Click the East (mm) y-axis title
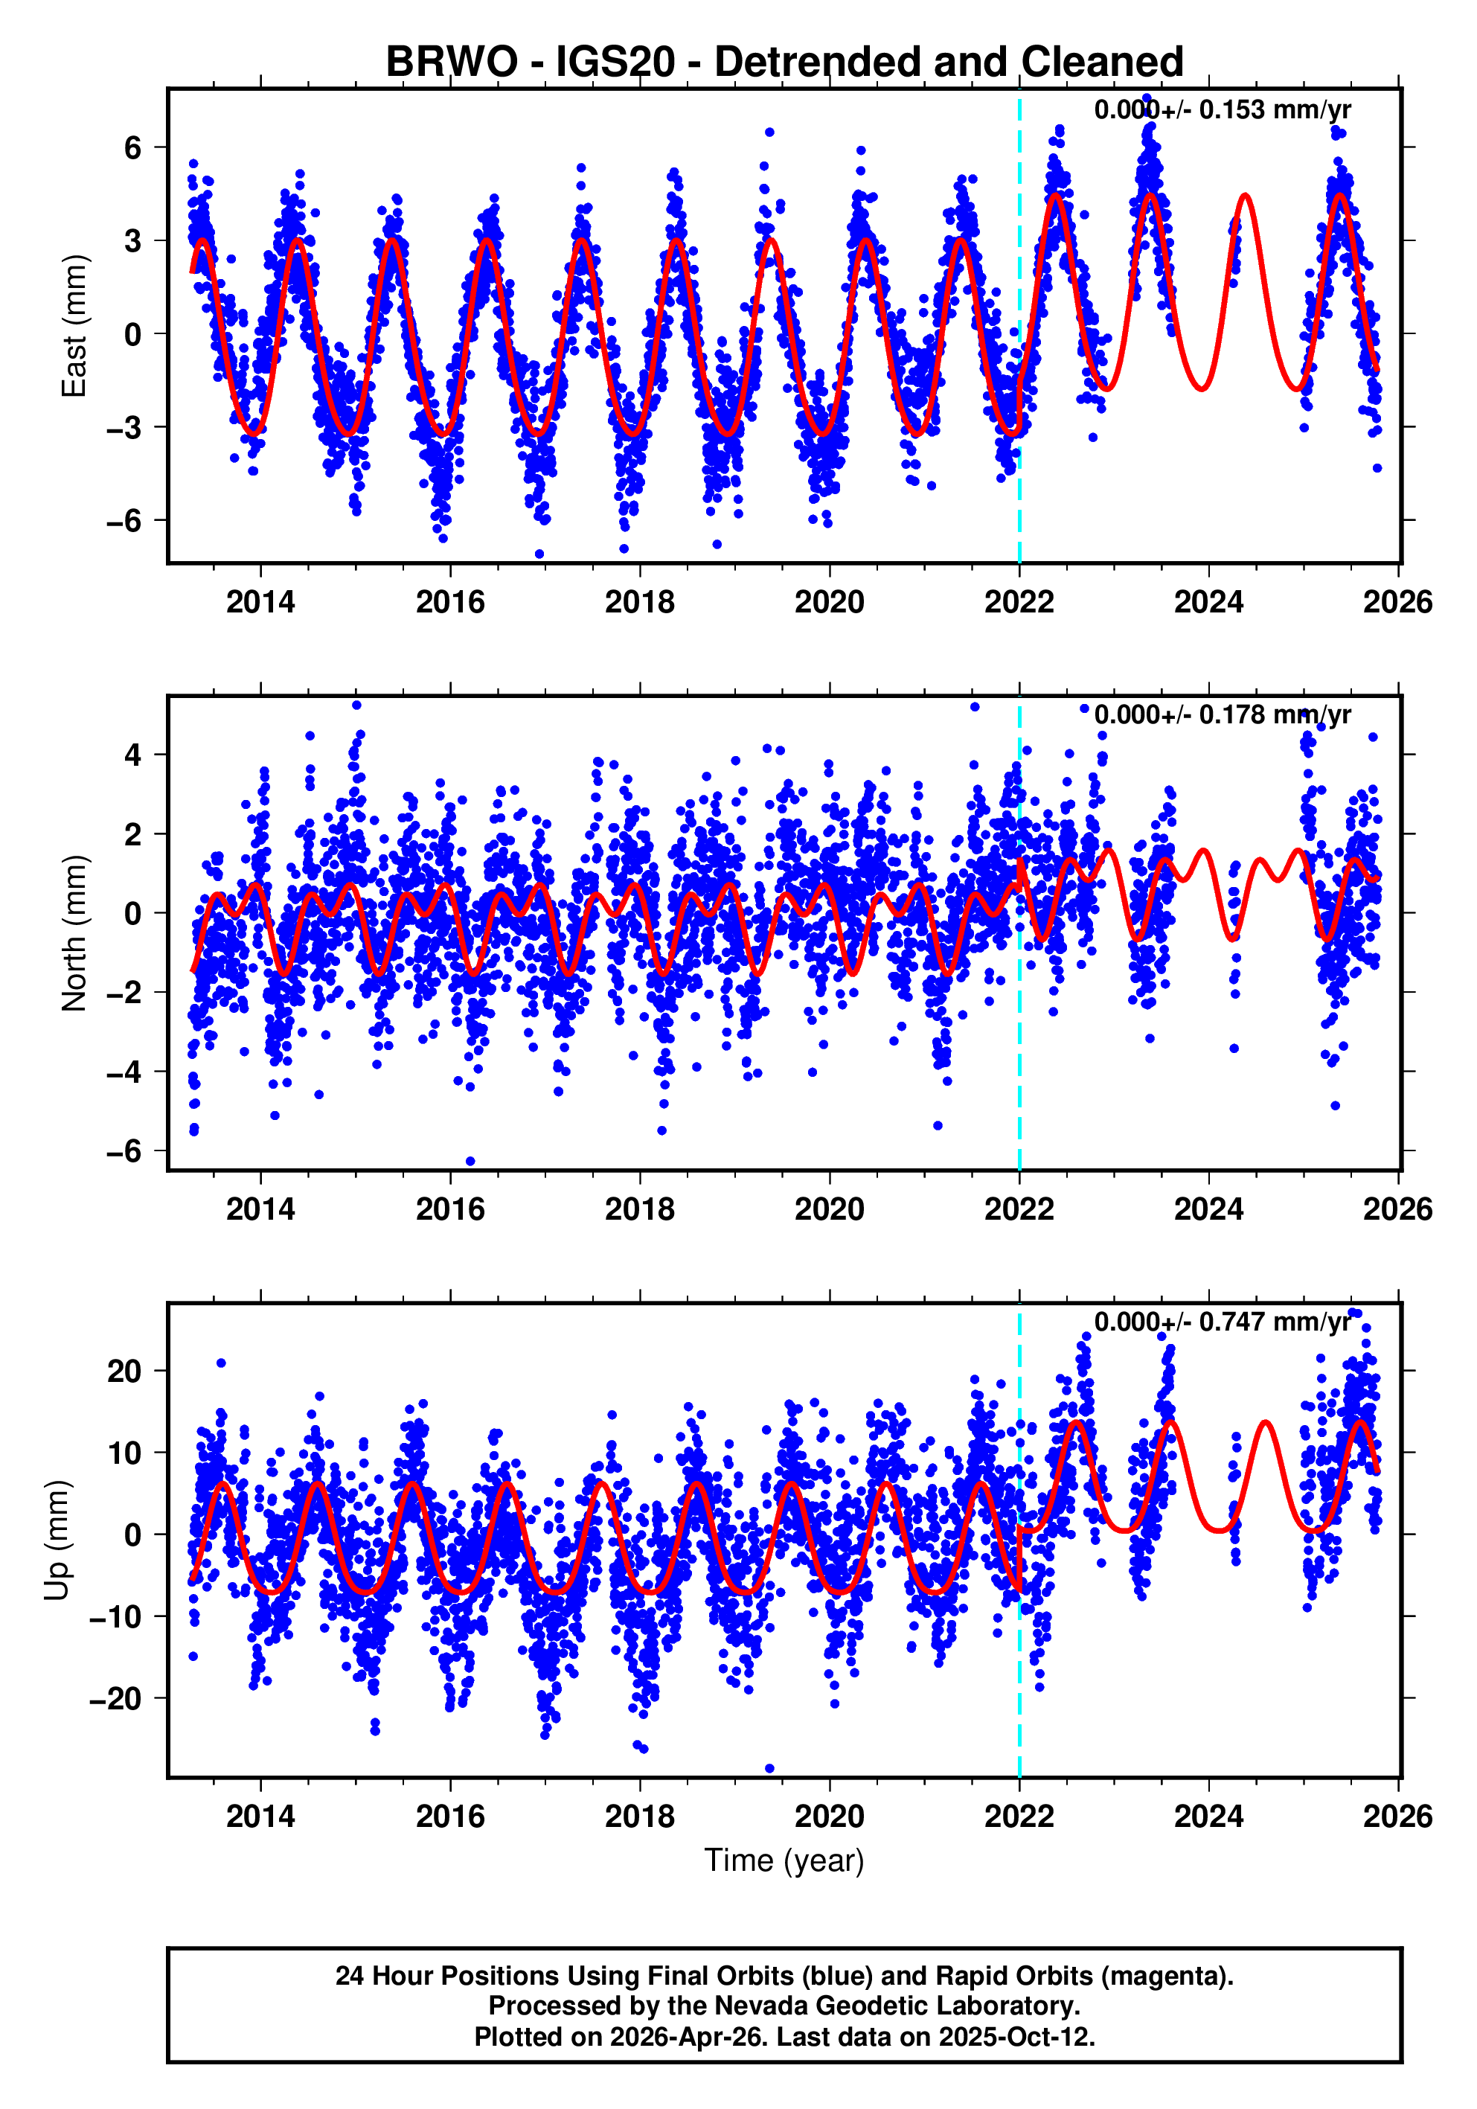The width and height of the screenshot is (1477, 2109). [74, 326]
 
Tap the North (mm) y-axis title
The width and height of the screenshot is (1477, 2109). [74, 933]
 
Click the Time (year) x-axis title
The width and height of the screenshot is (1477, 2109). [784, 1860]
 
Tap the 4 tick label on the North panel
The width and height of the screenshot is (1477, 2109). [133, 755]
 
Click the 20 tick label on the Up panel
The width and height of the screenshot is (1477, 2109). [124, 1372]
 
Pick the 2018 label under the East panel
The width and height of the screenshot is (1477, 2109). [639, 603]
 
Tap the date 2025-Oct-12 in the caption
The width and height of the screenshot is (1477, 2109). [1015, 2036]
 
